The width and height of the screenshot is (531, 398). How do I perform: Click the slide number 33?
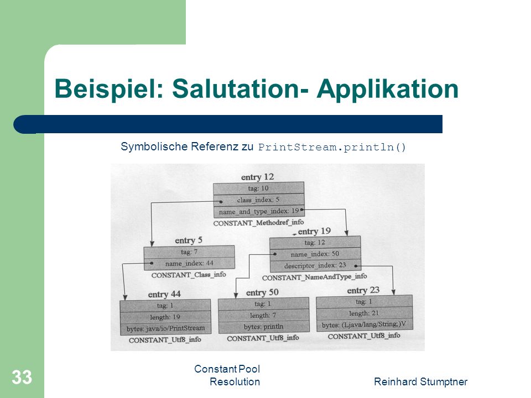22,377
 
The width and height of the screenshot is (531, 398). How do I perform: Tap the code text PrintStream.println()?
332,147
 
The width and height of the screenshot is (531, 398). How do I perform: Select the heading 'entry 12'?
257,177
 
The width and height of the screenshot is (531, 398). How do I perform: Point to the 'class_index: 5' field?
259,200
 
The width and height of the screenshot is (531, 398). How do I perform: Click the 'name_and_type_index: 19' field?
259,212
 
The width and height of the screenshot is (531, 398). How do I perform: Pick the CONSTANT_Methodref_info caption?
258,223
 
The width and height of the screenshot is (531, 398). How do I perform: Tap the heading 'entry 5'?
189,240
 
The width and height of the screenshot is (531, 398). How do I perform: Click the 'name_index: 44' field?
189,263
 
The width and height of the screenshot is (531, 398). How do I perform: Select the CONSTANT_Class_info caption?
189,275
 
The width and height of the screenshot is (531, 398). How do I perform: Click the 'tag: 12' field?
315,242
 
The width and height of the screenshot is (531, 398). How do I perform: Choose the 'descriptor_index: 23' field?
315,266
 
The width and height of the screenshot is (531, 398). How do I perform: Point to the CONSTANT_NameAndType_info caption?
314,277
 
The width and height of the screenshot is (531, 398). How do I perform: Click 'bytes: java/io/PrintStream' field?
165,328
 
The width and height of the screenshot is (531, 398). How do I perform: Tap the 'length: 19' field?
165,317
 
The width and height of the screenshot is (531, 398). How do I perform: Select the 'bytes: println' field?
263,327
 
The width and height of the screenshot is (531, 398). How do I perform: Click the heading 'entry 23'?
363,290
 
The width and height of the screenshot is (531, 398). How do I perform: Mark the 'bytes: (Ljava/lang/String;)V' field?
364,324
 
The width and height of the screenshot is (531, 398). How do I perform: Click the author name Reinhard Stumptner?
420,382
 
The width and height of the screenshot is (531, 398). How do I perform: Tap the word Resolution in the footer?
235,382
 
